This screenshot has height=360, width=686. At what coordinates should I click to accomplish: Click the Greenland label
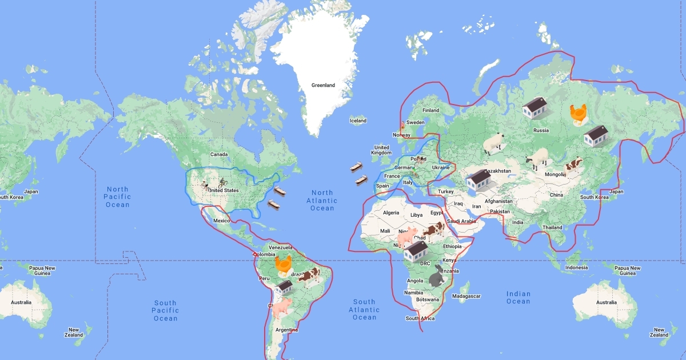click(323, 85)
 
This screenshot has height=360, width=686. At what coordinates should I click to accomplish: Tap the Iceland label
click(358, 121)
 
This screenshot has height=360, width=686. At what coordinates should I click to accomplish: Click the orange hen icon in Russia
click(578, 114)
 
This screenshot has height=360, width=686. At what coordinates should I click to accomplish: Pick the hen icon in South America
click(284, 265)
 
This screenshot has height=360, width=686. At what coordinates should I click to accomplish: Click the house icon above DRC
click(416, 250)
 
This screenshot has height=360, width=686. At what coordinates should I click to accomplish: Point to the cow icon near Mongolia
click(573, 165)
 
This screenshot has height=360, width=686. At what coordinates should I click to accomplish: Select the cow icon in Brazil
click(309, 277)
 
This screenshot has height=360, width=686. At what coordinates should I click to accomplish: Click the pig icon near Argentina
click(282, 307)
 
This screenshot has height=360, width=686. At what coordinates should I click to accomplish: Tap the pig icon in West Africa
click(407, 235)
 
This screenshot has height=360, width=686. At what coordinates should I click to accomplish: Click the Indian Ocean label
click(518, 298)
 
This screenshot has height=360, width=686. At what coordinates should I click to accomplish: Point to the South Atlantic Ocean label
click(364, 309)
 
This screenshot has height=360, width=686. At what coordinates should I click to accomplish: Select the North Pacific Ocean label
click(118, 197)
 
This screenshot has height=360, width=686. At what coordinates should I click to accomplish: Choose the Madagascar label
click(467, 296)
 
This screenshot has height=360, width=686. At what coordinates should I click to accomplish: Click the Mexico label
click(221, 220)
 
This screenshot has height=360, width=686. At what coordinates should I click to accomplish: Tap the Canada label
click(219, 154)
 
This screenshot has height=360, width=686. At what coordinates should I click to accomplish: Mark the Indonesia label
click(576, 267)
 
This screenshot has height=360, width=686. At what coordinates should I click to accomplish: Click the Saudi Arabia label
click(460, 221)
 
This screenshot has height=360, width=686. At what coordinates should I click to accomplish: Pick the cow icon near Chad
click(434, 229)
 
